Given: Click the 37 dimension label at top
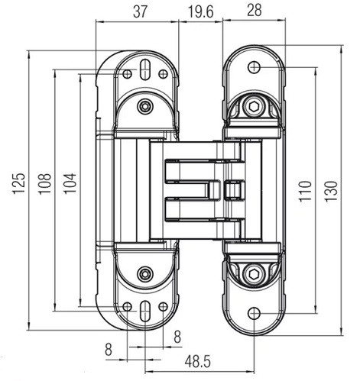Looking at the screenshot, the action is [x=140, y=11].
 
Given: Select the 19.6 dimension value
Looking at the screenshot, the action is [x=200, y=11].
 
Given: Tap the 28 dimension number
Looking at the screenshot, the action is [x=255, y=11].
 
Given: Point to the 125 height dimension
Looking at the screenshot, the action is [x=19, y=184].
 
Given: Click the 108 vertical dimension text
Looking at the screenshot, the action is [x=45, y=184].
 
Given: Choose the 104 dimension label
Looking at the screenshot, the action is [x=70, y=184].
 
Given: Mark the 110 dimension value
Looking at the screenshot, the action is [x=305, y=192].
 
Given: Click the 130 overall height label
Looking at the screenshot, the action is [x=331, y=192].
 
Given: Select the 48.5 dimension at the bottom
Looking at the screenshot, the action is [x=198, y=362].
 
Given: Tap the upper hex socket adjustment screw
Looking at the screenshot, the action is [x=254, y=106].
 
